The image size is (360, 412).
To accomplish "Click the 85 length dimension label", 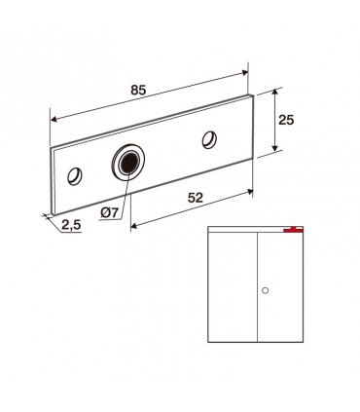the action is [x=138, y=90].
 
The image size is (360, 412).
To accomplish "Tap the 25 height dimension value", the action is [x=286, y=120].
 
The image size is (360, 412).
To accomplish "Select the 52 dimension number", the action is [x=196, y=198].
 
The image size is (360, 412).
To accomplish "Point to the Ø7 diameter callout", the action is [x=109, y=212].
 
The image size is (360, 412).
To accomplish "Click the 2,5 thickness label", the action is [x=71, y=225].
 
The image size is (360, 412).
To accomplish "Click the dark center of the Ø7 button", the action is [x=129, y=162].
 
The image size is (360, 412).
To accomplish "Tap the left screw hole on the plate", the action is [x=75, y=176].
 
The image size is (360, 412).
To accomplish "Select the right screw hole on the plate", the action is [x=209, y=139].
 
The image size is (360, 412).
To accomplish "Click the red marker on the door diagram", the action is [x=293, y=230].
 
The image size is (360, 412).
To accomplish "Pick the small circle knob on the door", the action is [x=265, y=290].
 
